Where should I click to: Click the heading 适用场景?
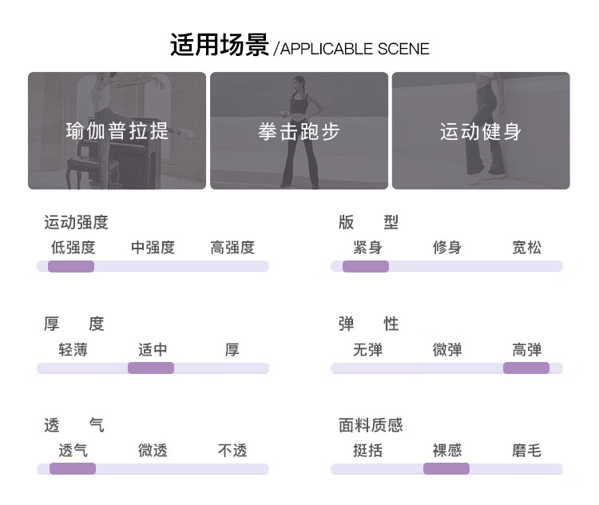click(219, 45)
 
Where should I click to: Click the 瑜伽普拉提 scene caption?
click(117, 131)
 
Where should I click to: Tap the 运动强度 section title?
click(76, 222)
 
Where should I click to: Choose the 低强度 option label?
click(73, 248)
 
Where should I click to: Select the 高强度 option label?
click(232, 248)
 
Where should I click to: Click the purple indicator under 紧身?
click(366, 266)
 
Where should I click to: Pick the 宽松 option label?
click(527, 248)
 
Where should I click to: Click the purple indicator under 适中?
click(151, 368)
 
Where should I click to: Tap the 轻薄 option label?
click(73, 349)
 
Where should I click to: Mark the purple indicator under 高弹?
click(526, 368)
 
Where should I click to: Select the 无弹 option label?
click(367, 349)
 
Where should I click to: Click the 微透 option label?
click(153, 451)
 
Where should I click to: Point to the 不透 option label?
click(232, 451)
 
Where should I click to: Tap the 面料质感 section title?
click(371, 425)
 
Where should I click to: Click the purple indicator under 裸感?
click(446, 469)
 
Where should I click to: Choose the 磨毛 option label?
click(527, 451)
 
